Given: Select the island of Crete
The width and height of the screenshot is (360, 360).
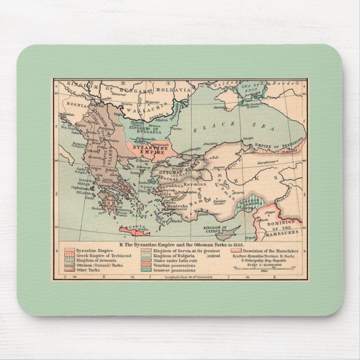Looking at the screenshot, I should pos(134,231).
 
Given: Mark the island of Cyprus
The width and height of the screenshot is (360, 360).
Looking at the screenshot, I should pos(230,229).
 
